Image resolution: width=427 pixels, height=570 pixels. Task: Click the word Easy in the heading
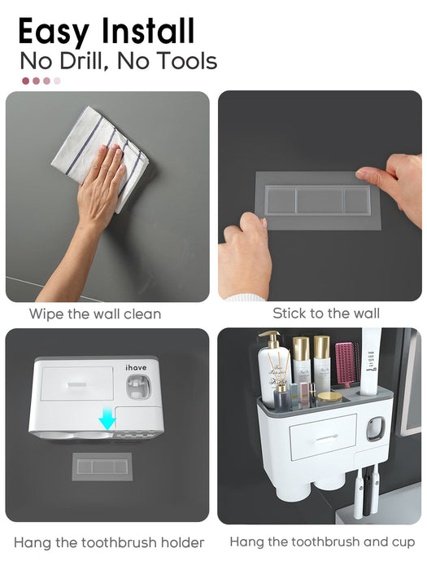coord(54,32)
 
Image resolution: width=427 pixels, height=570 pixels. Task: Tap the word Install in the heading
coord(148,31)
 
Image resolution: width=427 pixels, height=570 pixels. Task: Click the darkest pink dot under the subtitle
coord(26,81)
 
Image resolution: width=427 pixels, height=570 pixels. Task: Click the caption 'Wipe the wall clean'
coord(95,313)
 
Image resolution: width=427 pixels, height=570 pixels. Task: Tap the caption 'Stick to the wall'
coord(326,313)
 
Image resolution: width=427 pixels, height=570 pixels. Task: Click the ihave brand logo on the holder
coord(136,367)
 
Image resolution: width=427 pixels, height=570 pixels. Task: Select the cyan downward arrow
coord(107,418)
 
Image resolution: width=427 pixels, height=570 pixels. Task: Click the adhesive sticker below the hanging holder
coord(102,467)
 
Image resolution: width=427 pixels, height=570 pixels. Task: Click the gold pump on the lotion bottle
coord(271,339)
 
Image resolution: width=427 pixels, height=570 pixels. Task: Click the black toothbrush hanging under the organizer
coord(368,491)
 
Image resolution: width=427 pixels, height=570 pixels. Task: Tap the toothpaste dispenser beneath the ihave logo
coord(137,388)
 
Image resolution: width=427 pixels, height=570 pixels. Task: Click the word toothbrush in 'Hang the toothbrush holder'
coord(119,542)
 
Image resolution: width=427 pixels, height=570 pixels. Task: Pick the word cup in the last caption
coord(403,543)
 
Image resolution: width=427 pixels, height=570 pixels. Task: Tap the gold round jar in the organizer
coord(329,397)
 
